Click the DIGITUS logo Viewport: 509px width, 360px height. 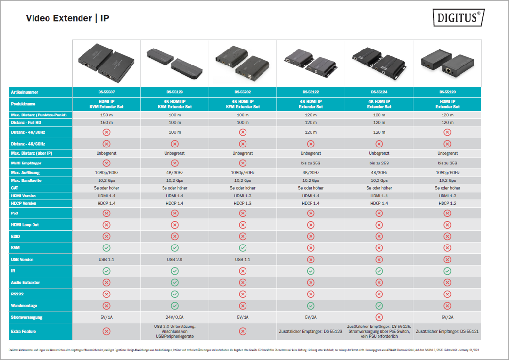click(458, 18)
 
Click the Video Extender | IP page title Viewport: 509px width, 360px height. click(67, 18)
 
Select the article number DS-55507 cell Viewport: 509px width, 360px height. click(106, 92)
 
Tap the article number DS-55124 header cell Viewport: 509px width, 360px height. click(378, 92)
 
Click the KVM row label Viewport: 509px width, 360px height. click(15, 248)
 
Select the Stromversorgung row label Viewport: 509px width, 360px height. click(27, 317)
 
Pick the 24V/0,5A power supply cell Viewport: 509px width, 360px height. click(175, 317)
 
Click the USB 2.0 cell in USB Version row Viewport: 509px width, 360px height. click(175, 260)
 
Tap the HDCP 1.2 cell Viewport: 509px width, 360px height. click(447, 203)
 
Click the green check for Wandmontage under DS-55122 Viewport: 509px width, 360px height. click(311, 306)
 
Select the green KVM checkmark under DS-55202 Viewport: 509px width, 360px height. click(243, 248)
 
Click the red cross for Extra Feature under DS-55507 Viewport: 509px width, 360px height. click(106, 331)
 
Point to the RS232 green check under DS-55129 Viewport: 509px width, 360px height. click(175, 294)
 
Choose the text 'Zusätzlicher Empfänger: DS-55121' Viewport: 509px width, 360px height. click(447, 331)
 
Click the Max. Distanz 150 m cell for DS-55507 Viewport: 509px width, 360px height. click(106, 115)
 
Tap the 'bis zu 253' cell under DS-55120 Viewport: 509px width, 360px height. click(447, 163)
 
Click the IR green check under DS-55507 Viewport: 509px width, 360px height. click(106, 271)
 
